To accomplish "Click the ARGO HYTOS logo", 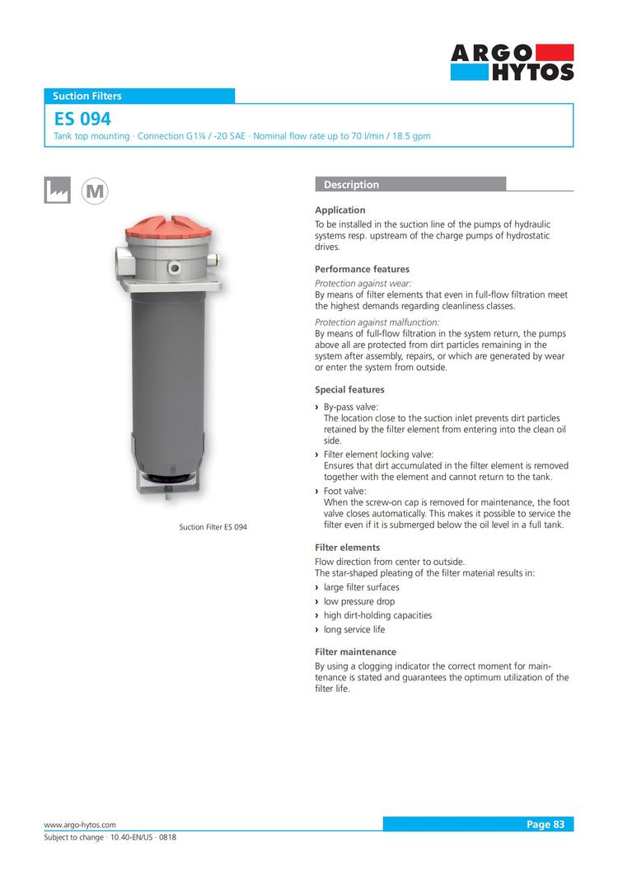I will (512, 63).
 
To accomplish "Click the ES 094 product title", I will (82, 120).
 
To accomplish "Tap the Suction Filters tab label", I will (87, 96).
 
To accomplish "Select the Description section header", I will (352, 185).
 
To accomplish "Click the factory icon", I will (57, 190).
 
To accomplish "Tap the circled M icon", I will (96, 191).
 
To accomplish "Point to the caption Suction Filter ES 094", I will (213, 527).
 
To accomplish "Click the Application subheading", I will (340, 210).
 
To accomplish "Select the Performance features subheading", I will (362, 269).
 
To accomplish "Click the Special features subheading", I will (349, 389).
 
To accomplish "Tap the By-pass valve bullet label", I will (351, 407).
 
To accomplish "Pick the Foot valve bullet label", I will (345, 492).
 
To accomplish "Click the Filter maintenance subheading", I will (355, 652).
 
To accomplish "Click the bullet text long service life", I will (354, 629).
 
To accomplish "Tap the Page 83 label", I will (545, 824).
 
